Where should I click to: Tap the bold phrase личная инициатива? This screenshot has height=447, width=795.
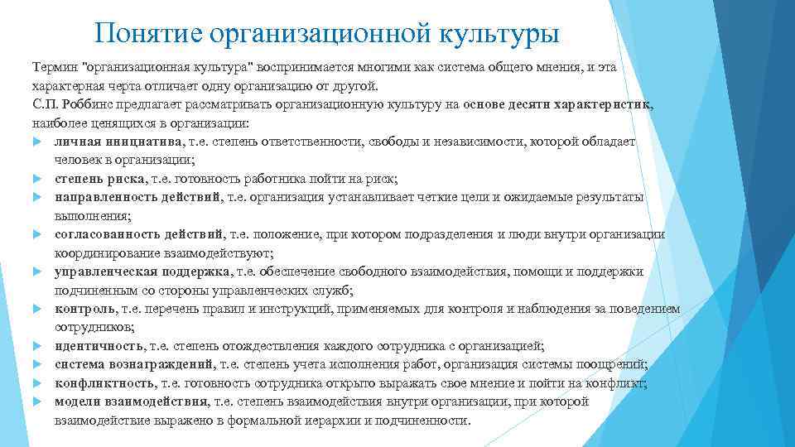click(108, 142)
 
